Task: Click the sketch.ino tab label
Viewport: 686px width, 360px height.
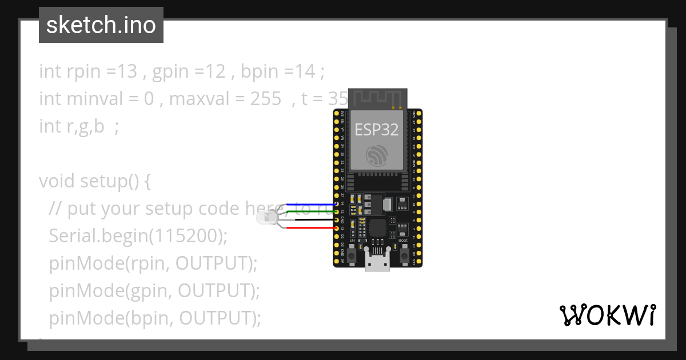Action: (x=101, y=25)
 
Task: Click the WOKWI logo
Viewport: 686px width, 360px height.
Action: (x=607, y=315)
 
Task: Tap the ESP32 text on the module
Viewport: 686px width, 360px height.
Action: (x=377, y=129)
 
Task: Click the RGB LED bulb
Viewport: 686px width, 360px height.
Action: (x=267, y=217)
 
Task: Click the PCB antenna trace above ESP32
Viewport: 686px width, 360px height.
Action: (x=377, y=97)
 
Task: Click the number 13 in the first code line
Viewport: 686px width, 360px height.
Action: (x=129, y=72)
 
